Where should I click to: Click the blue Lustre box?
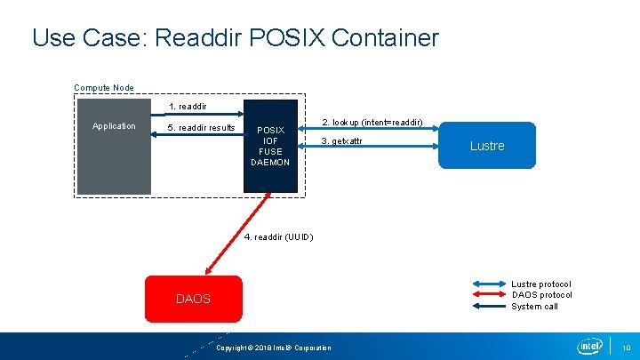pyautogui.click(x=487, y=145)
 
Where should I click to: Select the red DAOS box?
pyautogui.click(x=193, y=299)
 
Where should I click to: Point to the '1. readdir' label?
pyautogui.click(x=188, y=107)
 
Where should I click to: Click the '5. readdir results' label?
pyautogui.click(x=202, y=128)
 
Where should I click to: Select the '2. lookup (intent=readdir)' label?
pyautogui.click(x=372, y=122)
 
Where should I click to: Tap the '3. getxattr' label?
pyautogui.click(x=342, y=141)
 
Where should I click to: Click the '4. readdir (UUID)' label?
pyautogui.click(x=278, y=236)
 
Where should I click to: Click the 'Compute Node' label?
pyautogui.click(x=104, y=88)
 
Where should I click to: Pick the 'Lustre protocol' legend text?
pyautogui.click(x=540, y=284)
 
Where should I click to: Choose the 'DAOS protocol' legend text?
pyautogui.click(x=541, y=295)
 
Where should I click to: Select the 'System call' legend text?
pyautogui.click(x=534, y=307)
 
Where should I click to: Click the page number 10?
pyautogui.click(x=626, y=347)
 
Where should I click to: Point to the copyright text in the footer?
pyautogui.click(x=274, y=348)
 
